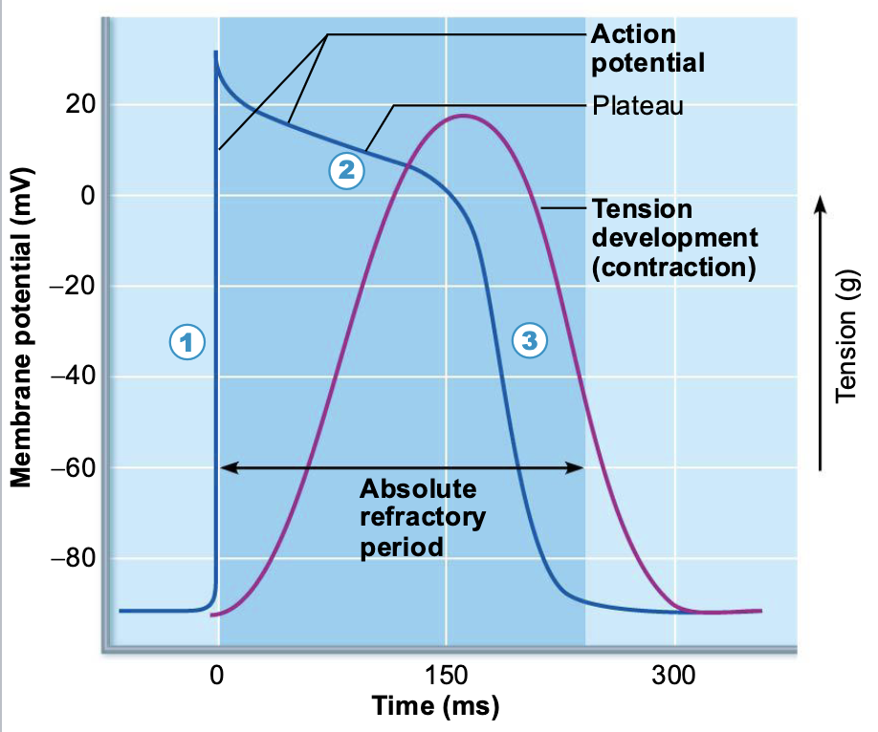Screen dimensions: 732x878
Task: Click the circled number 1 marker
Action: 188,339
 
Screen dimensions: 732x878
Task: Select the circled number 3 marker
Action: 529,338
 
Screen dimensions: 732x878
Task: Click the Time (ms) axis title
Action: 435,707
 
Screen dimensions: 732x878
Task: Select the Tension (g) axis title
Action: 846,344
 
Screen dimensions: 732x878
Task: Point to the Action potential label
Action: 648,49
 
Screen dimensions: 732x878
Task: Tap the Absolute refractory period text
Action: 418,519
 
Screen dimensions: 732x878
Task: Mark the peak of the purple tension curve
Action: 463,116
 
